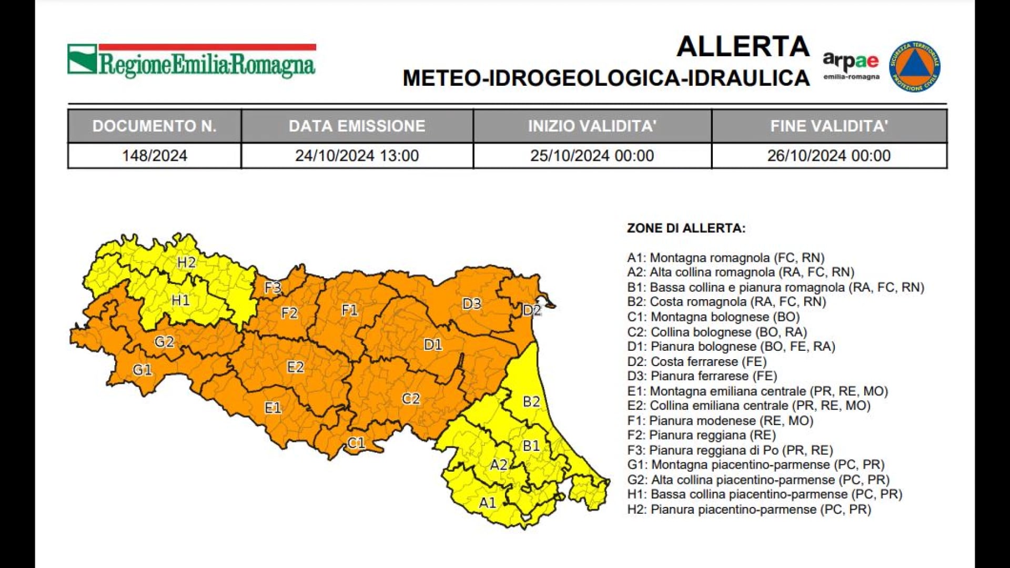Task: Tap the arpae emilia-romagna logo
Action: [x=851, y=65]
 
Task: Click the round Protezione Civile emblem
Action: [x=915, y=66]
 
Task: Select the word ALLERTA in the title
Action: [x=743, y=46]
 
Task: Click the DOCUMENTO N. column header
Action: [x=154, y=126]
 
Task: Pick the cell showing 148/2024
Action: [x=154, y=156]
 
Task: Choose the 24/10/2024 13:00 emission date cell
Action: [x=357, y=156]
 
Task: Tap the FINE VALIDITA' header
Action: [x=829, y=126]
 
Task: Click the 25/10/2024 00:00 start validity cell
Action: [x=592, y=156]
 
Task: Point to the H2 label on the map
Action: [x=186, y=262]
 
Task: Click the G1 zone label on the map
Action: [x=142, y=370]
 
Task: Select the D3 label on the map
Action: [x=471, y=303]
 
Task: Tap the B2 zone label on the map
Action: [x=531, y=402]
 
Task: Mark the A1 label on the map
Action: [x=487, y=503]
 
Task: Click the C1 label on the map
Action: [x=356, y=443]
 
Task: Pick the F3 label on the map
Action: [x=272, y=288]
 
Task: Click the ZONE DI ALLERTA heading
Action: [x=686, y=228]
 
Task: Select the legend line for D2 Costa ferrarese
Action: [x=696, y=362]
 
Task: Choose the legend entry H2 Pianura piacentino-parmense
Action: [x=749, y=510]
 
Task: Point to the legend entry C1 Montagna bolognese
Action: [x=713, y=317]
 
